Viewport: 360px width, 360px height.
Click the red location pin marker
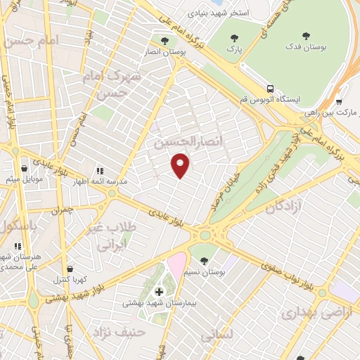181,164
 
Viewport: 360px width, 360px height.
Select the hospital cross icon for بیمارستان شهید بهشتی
159,292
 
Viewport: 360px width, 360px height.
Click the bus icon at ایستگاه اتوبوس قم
270,89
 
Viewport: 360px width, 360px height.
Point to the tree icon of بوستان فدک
305,35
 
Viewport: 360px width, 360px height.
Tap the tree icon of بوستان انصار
165,41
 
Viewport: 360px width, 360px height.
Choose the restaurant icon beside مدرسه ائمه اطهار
100,170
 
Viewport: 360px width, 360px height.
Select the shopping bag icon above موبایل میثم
25,169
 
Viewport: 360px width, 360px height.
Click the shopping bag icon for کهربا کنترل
70,269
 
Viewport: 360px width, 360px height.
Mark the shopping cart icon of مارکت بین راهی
338,101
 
